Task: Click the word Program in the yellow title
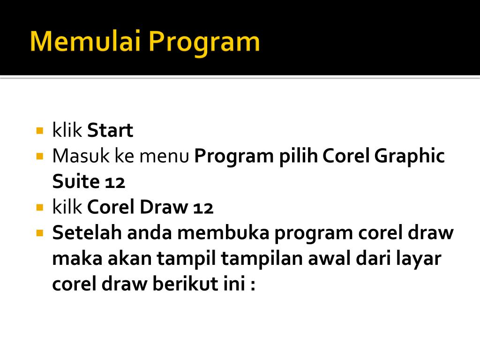tap(204, 43)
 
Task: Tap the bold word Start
tap(110, 130)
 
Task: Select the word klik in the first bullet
tap(67, 130)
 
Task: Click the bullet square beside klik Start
tap(39, 131)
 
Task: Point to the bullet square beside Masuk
tap(39, 157)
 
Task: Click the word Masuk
tap(81, 156)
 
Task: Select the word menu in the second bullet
tap(164, 157)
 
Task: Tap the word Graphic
tap(409, 157)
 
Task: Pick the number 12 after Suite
tap(115, 182)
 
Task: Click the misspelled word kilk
tap(67, 207)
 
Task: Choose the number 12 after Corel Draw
tap(203, 208)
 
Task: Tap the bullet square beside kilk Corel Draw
tap(39, 208)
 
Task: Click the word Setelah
tap(87, 232)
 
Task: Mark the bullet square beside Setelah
tap(39, 233)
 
